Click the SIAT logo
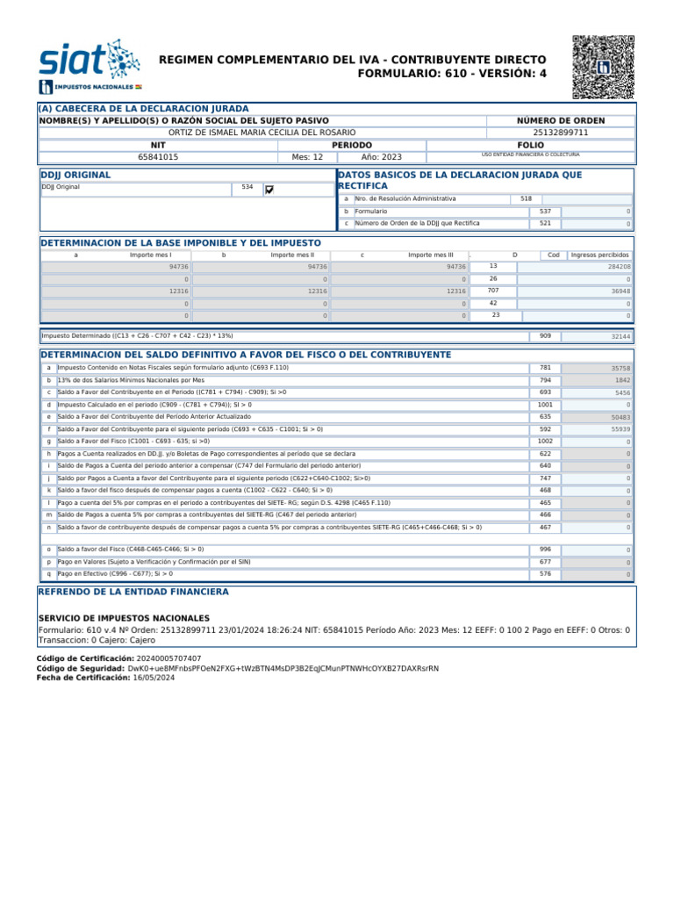[x=88, y=66]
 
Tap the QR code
[x=602, y=67]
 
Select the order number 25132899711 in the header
[x=573, y=133]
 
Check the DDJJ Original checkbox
[x=269, y=189]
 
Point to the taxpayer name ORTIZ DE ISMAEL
[x=263, y=133]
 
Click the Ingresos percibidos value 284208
[x=613, y=266]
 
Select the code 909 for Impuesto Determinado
[x=545, y=336]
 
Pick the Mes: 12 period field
[x=307, y=157]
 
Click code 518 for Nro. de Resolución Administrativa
[x=526, y=199]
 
